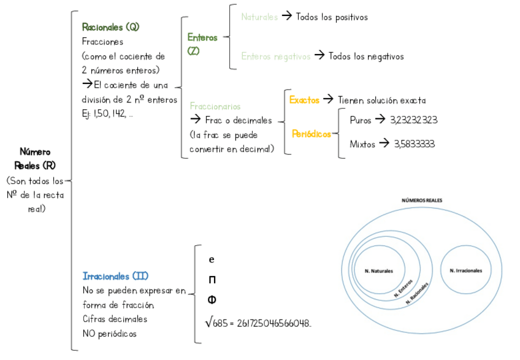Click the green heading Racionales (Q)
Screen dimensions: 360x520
(x=110, y=28)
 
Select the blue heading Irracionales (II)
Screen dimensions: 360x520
(x=115, y=276)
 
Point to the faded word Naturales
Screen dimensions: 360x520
(x=259, y=17)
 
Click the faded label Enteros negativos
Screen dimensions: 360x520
(x=275, y=56)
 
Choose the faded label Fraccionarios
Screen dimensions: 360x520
(x=215, y=106)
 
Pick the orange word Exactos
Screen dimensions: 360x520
(x=304, y=99)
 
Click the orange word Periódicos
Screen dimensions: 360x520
(x=312, y=133)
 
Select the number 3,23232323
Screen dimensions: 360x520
(x=413, y=120)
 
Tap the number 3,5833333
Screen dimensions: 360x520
(x=415, y=144)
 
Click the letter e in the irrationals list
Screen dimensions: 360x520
(x=212, y=259)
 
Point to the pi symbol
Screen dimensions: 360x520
(x=212, y=280)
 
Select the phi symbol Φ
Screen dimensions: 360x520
(x=212, y=300)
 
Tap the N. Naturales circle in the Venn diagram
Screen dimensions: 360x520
(x=378, y=270)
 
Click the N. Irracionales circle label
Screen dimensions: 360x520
(x=465, y=270)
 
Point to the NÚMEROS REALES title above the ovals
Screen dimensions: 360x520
(x=421, y=201)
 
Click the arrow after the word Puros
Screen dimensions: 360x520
(x=380, y=120)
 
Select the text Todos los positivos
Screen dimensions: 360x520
(x=332, y=17)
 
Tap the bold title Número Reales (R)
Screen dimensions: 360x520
(x=36, y=158)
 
